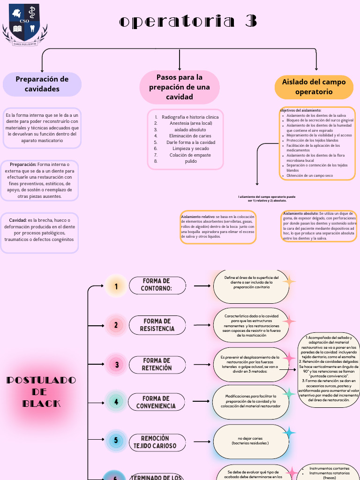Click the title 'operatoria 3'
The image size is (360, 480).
(x=188, y=22)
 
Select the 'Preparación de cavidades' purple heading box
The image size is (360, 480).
(x=42, y=84)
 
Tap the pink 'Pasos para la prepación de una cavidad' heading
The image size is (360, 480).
(x=180, y=87)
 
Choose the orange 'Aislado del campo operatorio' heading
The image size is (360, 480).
(x=314, y=87)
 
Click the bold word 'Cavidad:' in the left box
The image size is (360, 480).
(x=18, y=220)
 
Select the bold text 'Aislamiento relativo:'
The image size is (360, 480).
(x=198, y=217)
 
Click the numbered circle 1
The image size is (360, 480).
(x=116, y=286)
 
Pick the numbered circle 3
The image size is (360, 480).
(x=117, y=365)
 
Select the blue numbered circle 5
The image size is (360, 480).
(x=116, y=441)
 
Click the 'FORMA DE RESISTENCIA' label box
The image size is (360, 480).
(x=157, y=325)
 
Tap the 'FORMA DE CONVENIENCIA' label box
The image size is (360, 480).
(x=157, y=402)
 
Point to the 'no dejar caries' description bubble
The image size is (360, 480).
(x=250, y=441)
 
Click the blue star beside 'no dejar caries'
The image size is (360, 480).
(x=289, y=433)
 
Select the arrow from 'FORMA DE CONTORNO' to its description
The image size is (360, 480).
(x=202, y=285)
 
